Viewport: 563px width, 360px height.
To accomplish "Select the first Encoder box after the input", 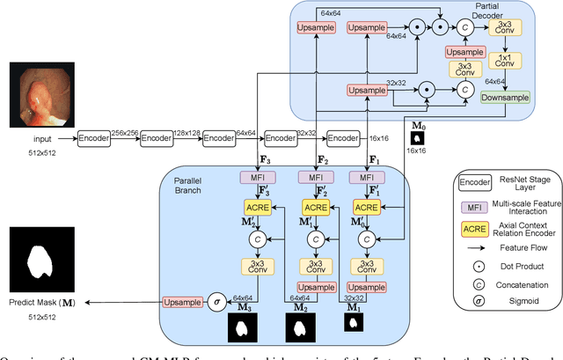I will (x=94, y=138).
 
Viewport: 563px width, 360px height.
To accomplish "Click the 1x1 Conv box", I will (x=504, y=61).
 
